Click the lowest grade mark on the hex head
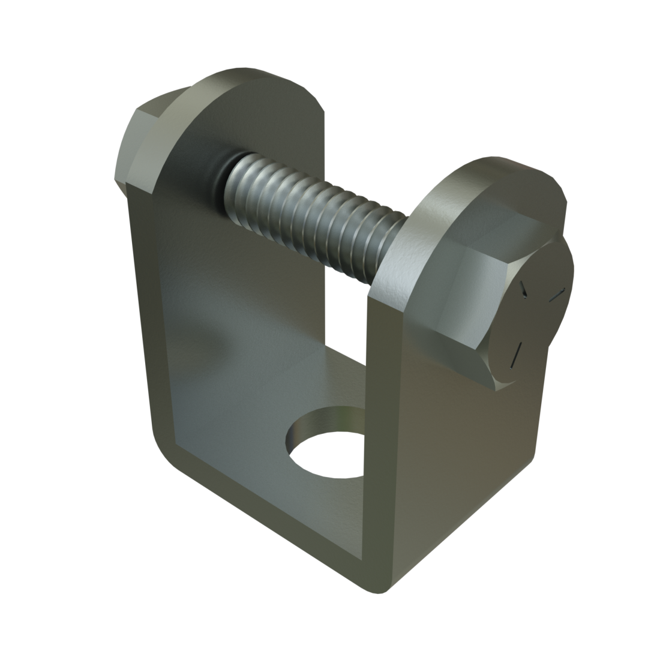[515, 354]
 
